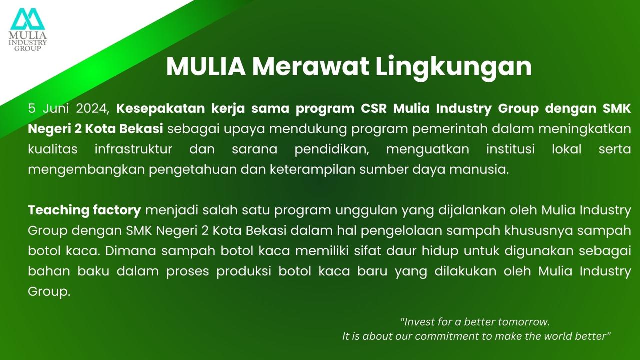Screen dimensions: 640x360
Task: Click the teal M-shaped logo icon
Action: pyautogui.click(x=28, y=19)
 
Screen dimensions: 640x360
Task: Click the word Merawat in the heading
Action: pyautogui.click(x=310, y=67)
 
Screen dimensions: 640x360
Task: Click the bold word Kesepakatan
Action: pyautogui.click(x=161, y=109)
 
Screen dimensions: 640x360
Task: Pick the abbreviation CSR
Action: pyautogui.click(x=374, y=109)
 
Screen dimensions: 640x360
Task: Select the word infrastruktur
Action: pyautogui.click(x=133, y=149)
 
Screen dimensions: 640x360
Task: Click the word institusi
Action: pyautogui.click(x=510, y=149)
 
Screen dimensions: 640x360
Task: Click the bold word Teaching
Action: pyautogui.click(x=59, y=211)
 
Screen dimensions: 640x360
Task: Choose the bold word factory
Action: pyautogui.click(x=117, y=211)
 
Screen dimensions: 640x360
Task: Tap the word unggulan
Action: pyautogui.click(x=367, y=211)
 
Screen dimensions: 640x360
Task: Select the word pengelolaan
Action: pyautogui.click(x=402, y=231)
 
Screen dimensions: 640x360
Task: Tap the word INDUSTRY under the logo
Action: pyautogui.click(x=28, y=43)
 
